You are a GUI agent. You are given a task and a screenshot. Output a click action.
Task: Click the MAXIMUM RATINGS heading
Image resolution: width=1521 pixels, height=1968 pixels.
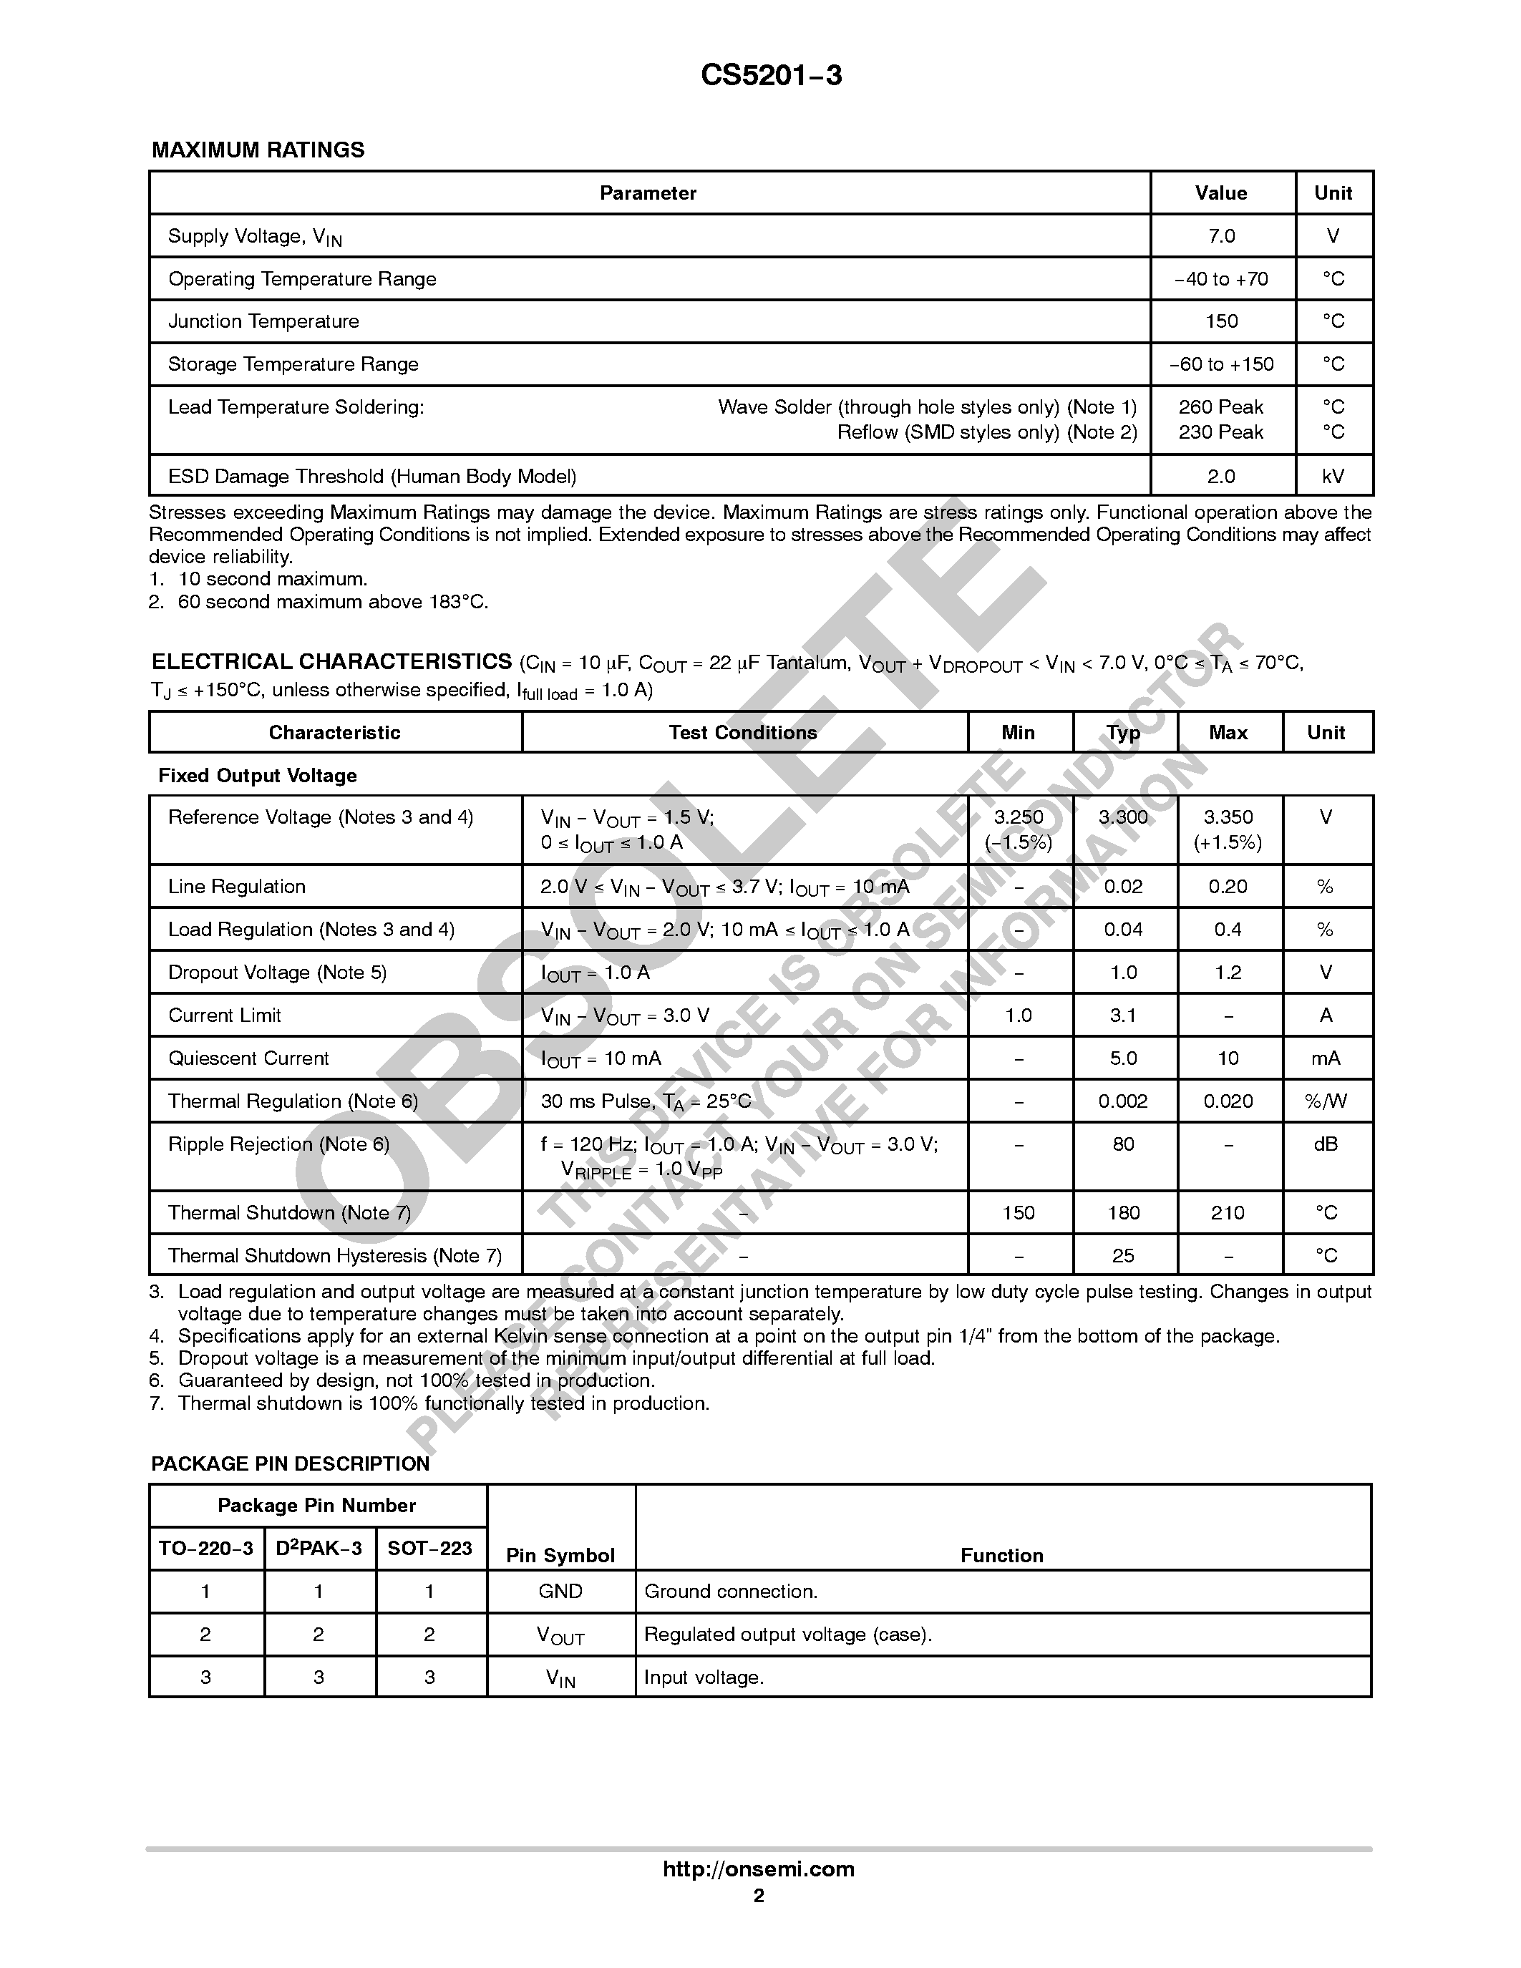258,150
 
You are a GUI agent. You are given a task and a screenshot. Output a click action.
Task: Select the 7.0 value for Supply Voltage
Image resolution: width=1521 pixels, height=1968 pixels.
1221,236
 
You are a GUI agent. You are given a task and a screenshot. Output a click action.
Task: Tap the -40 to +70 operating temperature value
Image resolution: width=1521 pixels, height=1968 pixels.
1221,279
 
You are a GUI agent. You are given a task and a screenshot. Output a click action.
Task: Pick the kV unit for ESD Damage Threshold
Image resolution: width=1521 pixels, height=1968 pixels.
1333,477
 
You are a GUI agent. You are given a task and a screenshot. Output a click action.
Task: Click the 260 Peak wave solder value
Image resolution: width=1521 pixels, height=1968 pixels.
1221,407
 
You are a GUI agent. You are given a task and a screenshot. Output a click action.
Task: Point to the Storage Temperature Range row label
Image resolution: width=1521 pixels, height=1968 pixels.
293,364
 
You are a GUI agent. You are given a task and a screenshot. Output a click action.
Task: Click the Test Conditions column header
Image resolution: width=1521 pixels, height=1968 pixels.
742,733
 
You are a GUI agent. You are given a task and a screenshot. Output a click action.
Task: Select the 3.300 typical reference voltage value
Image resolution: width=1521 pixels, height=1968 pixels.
1123,817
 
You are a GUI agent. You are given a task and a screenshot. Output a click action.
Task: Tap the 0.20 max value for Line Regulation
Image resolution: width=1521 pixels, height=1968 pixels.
1228,887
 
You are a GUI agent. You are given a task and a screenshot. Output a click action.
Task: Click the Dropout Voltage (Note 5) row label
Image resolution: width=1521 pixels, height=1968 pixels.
276,973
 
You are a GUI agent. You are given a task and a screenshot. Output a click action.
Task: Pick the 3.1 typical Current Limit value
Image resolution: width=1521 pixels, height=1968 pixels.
1123,1015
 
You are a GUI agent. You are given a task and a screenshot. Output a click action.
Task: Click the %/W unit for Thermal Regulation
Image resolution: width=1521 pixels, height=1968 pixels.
1325,1101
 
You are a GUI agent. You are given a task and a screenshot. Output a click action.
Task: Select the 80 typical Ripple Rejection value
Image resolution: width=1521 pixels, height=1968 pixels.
1123,1144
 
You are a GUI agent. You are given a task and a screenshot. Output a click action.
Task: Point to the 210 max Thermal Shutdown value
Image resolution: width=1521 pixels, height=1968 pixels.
1228,1213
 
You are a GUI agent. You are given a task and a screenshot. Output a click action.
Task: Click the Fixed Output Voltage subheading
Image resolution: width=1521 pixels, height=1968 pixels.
257,776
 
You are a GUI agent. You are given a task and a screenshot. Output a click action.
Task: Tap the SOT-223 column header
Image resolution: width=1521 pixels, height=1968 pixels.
429,1548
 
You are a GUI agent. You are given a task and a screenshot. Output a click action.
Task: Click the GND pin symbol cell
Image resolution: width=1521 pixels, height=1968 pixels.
560,1592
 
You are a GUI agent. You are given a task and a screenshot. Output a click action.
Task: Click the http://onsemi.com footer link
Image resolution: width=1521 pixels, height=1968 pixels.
758,1869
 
